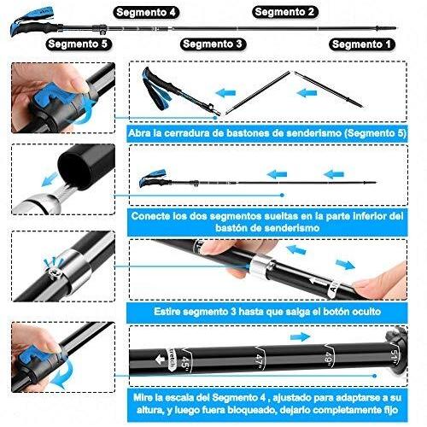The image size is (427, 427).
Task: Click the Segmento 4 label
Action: click(146, 13)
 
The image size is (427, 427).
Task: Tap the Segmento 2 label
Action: click(284, 12)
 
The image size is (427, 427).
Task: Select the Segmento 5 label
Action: click(78, 44)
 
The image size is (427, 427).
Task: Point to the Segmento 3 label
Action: click(213, 44)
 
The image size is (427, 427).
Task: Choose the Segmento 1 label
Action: click(361, 44)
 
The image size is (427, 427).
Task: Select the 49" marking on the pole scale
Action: click(329, 358)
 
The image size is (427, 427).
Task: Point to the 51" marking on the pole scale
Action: click(394, 356)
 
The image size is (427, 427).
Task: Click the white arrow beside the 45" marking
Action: click(160, 360)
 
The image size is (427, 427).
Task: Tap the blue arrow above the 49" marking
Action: click(300, 336)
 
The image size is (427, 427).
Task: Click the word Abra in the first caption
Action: click(139, 133)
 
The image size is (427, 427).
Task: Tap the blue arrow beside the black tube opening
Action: click(50, 179)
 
